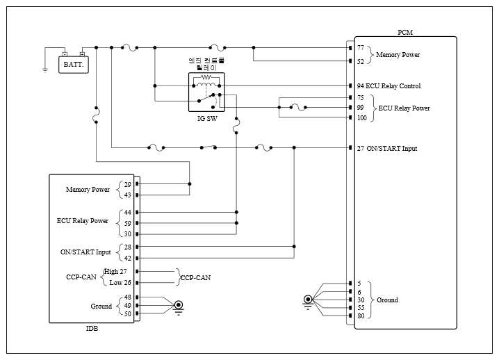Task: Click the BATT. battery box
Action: pos(74,65)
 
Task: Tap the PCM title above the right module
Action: pos(405,33)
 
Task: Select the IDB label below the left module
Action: pos(92,329)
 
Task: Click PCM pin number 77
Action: pos(361,48)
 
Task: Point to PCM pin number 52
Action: pos(361,61)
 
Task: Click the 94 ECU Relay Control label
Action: pos(388,86)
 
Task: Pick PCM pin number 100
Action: pos(362,117)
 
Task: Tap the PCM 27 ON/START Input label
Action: pos(387,148)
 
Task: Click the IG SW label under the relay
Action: pos(207,119)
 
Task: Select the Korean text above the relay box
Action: pos(206,64)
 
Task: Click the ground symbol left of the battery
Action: pos(45,70)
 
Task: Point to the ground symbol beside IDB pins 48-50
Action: pos(179,307)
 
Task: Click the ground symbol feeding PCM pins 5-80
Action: pos(308,302)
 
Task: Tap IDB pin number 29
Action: pos(128,185)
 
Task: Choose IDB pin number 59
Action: pos(128,224)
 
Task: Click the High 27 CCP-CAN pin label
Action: pos(115,272)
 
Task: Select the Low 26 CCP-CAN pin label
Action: pos(120,283)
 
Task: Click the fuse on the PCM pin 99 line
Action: pos(298,108)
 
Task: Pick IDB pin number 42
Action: pos(128,258)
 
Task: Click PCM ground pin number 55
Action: pos(361,308)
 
